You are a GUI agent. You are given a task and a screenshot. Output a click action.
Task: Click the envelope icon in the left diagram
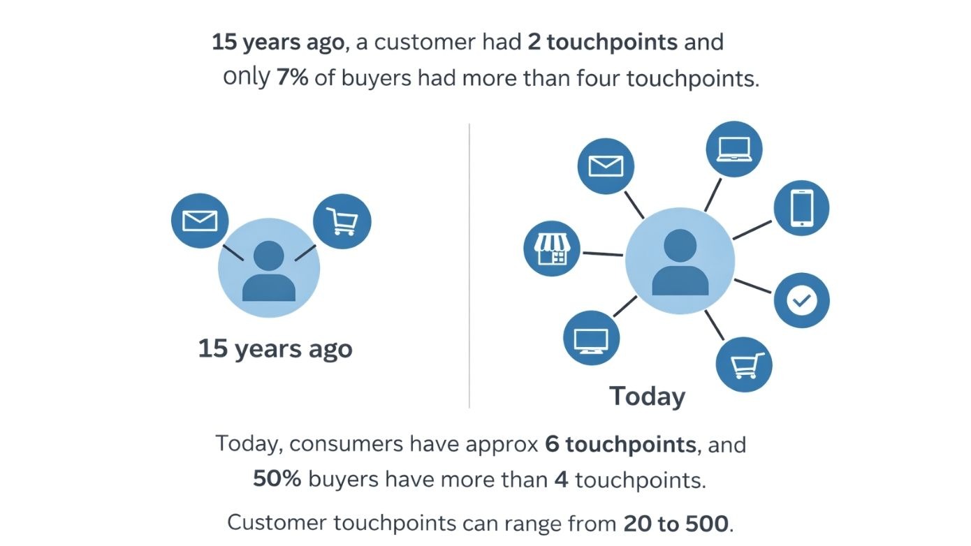click(x=200, y=221)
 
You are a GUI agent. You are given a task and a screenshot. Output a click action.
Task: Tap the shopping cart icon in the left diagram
click(x=342, y=222)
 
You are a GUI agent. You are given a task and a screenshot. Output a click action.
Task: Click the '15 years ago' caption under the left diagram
click(x=275, y=348)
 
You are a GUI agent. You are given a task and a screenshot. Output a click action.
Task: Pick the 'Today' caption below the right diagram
click(x=648, y=396)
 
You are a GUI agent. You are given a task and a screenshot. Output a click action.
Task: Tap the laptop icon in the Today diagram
click(x=733, y=149)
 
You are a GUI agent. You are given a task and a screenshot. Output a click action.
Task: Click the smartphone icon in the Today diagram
click(x=801, y=208)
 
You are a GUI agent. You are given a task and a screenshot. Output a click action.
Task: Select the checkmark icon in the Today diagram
click(x=801, y=301)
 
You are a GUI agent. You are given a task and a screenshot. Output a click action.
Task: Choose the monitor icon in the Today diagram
click(x=591, y=339)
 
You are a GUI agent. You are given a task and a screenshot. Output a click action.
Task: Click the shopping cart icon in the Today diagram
click(x=745, y=364)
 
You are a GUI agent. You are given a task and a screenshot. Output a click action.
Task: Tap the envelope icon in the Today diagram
click(x=606, y=166)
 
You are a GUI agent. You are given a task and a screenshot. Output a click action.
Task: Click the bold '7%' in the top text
click(x=292, y=78)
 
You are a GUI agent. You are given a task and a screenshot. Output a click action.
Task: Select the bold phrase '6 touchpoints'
click(x=620, y=444)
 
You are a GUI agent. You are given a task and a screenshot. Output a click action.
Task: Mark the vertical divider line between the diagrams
click(x=469, y=265)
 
